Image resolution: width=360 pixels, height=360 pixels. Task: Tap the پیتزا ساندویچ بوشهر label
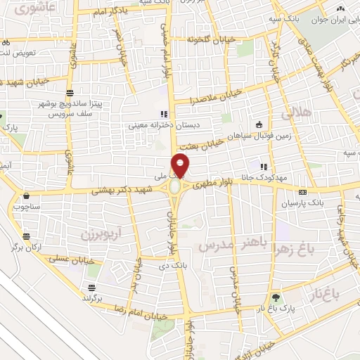98,103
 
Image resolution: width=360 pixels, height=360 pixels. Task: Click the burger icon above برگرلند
91,287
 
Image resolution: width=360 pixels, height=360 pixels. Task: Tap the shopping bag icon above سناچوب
26,196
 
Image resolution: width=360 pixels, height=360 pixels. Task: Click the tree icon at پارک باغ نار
276,297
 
